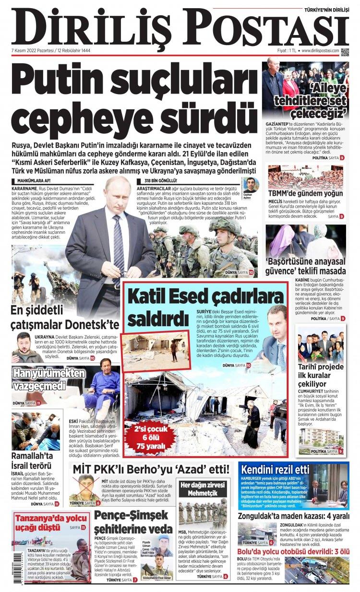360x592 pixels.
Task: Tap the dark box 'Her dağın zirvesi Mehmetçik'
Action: (202, 488)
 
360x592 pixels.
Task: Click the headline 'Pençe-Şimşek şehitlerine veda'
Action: (132, 522)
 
